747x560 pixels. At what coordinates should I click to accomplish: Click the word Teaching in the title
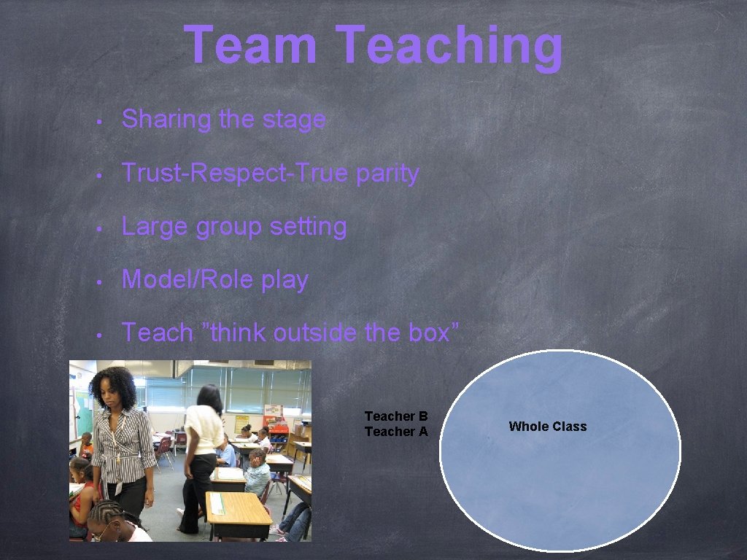tap(450, 47)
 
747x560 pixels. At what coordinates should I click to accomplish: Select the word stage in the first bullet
tap(295, 119)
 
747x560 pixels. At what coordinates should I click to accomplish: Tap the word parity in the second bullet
tap(387, 174)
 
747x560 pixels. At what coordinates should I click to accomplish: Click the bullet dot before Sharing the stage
tap(106, 120)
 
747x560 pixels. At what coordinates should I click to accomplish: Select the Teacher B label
tap(396, 416)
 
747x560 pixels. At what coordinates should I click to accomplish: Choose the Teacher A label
tap(396, 432)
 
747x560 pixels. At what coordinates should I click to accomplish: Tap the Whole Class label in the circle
tap(547, 427)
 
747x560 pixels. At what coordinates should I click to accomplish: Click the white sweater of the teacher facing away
tap(204, 430)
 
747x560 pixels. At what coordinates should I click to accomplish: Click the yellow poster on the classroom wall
tap(242, 424)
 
